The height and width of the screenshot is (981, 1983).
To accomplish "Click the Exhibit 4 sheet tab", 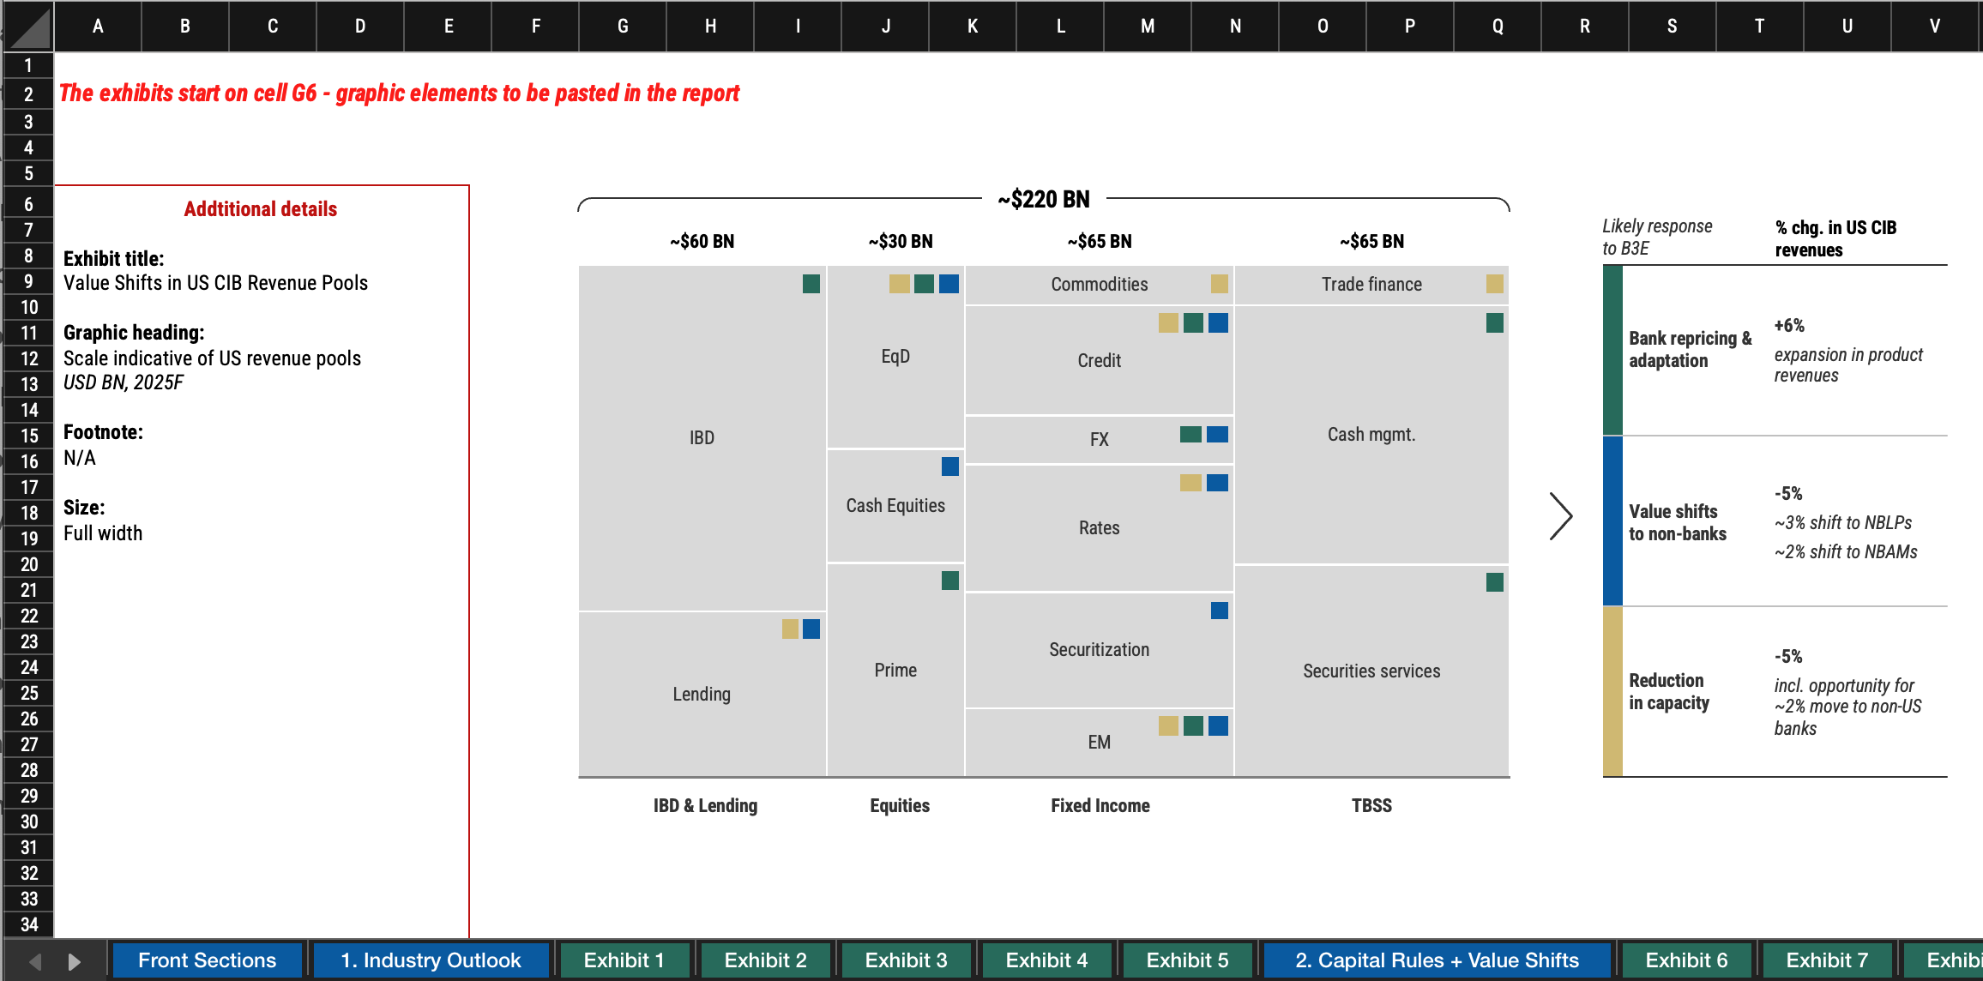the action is click(x=1046, y=960).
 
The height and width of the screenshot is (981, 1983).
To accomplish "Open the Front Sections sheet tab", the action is click(x=207, y=960).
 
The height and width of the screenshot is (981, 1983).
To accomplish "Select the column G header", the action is click(x=623, y=27).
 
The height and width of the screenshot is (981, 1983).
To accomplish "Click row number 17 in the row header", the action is click(x=29, y=487).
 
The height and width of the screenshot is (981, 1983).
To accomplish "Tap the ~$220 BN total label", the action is click(x=1044, y=200).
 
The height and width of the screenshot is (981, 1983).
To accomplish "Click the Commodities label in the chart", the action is click(x=1100, y=285).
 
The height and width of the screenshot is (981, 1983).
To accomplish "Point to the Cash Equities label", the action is click(x=895, y=506).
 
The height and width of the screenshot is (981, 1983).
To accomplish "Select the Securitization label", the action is click(x=1100, y=650).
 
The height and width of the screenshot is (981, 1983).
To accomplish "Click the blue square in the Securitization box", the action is click(x=1220, y=611).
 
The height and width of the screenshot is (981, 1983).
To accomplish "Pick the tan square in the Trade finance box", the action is click(x=1495, y=284).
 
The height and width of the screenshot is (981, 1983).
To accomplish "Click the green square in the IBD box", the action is click(x=811, y=284).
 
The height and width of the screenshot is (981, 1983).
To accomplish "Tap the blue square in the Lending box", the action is click(x=811, y=629).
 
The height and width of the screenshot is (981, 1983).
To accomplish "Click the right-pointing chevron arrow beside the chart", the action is click(x=1561, y=516).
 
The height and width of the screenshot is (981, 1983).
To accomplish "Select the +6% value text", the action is click(x=1789, y=326).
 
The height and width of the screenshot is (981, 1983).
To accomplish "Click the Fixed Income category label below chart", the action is click(x=1100, y=806).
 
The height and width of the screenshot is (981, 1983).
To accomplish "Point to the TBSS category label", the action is click(x=1371, y=806).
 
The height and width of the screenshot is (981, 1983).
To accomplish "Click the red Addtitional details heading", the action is click(x=261, y=209).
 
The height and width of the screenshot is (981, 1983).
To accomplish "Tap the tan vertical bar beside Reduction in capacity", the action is click(x=1612, y=691).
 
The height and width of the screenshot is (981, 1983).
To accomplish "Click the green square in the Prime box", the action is click(x=950, y=581).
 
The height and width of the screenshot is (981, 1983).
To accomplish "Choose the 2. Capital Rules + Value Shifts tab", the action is click(x=1437, y=960).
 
